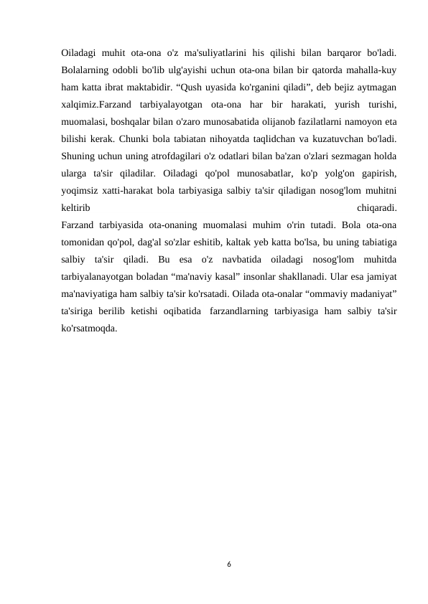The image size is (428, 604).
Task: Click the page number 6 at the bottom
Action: tap(228, 565)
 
